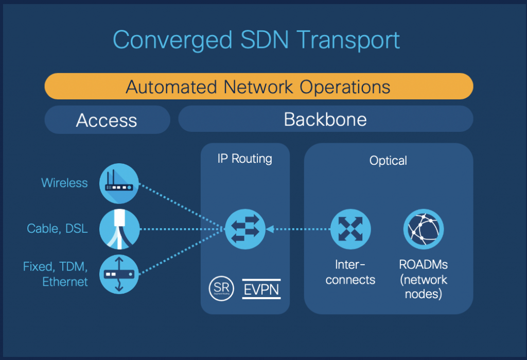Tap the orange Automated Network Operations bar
tap(258, 87)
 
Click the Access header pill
tap(107, 120)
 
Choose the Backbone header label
tap(325, 119)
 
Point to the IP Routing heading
tap(244, 158)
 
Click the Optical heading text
tap(388, 161)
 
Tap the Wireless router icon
tap(119, 183)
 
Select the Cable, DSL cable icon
tap(119, 229)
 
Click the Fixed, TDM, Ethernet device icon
tap(119, 274)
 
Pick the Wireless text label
tap(64, 183)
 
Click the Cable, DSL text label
tap(57, 228)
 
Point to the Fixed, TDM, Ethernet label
tap(56, 274)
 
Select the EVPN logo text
tap(261, 289)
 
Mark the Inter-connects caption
tap(350, 272)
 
